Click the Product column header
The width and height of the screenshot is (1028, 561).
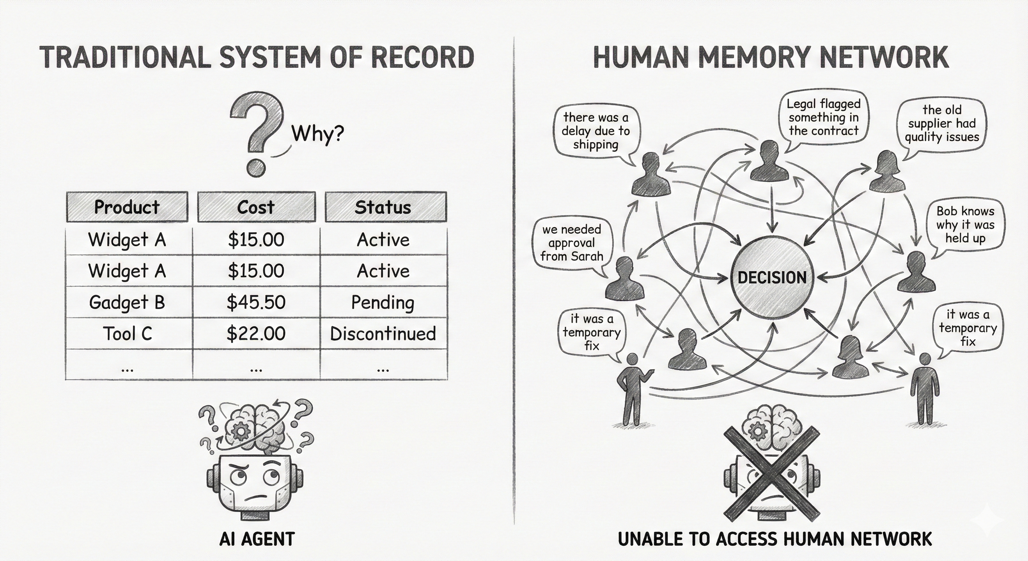click(127, 207)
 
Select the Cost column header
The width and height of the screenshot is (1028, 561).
click(256, 207)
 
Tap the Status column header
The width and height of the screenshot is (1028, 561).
click(383, 207)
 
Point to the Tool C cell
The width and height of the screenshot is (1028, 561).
click(128, 333)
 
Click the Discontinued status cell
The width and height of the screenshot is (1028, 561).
click(383, 333)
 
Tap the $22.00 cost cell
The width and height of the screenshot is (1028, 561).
click(256, 333)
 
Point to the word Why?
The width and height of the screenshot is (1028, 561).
click(318, 133)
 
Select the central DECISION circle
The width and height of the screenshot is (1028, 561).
click(772, 278)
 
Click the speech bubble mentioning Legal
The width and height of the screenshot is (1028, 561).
click(824, 117)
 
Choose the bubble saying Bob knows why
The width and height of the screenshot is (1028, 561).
click(965, 224)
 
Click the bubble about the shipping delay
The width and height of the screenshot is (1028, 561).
click(595, 131)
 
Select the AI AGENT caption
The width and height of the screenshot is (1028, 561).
click(257, 539)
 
